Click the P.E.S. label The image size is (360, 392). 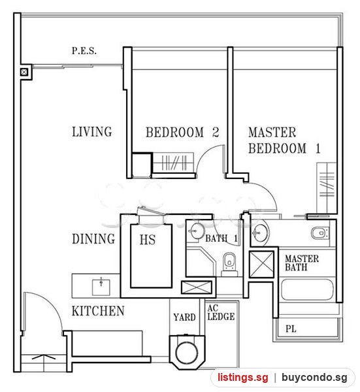click(x=84, y=51)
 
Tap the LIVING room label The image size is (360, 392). click(x=91, y=132)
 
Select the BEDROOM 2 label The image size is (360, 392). click(x=182, y=132)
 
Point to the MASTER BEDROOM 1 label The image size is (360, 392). click(x=284, y=140)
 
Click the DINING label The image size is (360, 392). click(x=93, y=238)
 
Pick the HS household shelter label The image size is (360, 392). click(x=148, y=240)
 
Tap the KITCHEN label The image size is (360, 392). click(x=98, y=311)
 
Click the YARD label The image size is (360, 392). click(x=184, y=318)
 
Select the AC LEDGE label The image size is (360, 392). click(x=221, y=312)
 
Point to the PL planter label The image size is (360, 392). click(x=291, y=329)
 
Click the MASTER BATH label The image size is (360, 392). click(x=302, y=263)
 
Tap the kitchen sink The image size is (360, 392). click(x=101, y=287)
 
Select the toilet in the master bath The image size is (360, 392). click(x=319, y=233)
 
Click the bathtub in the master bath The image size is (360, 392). click(x=307, y=289)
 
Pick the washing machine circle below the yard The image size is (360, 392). click(x=187, y=352)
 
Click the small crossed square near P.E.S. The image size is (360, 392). click(x=24, y=73)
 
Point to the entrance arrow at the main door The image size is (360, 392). click(x=44, y=357)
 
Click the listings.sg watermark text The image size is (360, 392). click(x=243, y=377)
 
